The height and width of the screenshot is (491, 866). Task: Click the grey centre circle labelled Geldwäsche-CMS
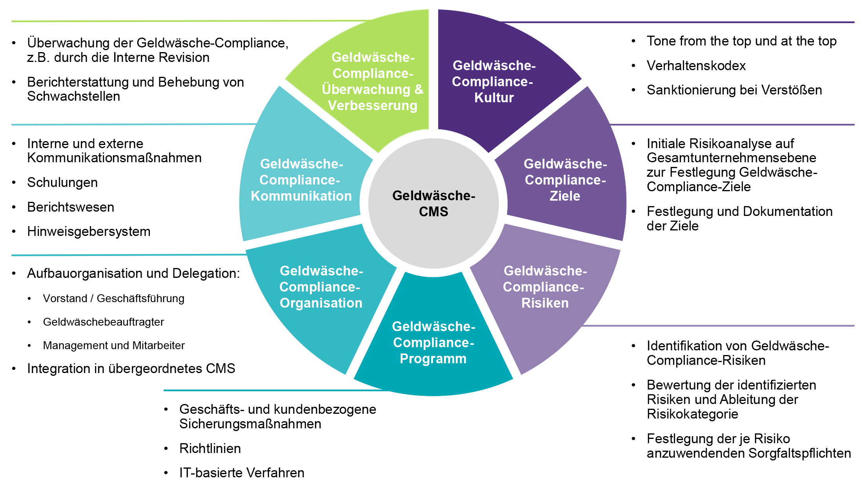tap(433, 203)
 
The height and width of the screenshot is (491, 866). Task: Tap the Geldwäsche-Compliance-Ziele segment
tap(565, 180)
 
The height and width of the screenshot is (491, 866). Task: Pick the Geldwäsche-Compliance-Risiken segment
tap(544, 287)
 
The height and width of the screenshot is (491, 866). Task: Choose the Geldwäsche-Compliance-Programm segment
tap(433, 342)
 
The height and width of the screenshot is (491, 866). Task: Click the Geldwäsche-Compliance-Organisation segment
tap(321, 287)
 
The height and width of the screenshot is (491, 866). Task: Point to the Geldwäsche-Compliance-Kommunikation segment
tap(301, 180)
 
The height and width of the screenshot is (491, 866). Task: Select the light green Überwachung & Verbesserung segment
tap(373, 82)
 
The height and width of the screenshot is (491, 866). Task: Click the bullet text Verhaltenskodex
tap(696, 65)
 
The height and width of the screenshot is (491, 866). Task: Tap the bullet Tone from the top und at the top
tap(741, 41)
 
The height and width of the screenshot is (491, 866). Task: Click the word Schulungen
tap(62, 183)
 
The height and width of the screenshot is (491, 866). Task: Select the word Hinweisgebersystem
tap(89, 232)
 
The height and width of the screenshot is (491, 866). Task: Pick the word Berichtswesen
tap(71, 207)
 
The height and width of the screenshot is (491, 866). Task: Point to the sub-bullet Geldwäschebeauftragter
tap(103, 322)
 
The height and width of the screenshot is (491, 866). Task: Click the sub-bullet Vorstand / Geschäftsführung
tap(113, 299)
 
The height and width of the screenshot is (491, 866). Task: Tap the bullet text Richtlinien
tap(210, 448)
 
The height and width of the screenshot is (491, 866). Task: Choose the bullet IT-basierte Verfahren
tap(242, 473)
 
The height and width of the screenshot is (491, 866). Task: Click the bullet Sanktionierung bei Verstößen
tap(734, 90)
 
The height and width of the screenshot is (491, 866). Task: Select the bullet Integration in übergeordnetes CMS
tap(131, 369)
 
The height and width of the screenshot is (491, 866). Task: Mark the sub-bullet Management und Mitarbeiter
tap(113, 346)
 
